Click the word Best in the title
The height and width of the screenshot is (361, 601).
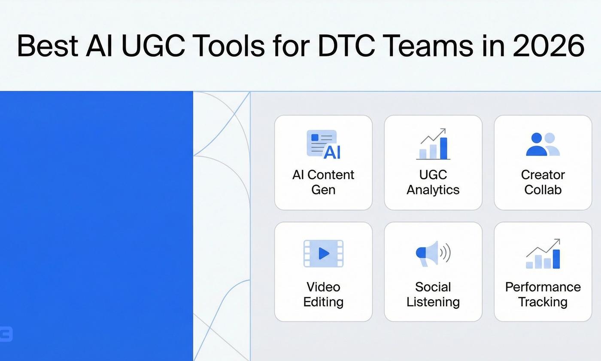point(48,46)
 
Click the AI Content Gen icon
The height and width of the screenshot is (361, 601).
point(323,144)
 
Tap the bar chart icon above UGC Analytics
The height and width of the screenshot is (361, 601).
point(433,144)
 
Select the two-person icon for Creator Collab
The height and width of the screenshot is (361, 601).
point(543,144)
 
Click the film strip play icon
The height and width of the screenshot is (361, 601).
point(323,254)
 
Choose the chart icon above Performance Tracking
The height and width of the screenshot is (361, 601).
point(543,254)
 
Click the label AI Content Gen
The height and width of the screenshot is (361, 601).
point(323,182)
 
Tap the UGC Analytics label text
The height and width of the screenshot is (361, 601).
point(433,182)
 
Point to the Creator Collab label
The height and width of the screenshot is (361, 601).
point(543,182)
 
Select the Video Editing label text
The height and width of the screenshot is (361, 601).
point(323,294)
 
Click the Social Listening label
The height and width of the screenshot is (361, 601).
point(433,294)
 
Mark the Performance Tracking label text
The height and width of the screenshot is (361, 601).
point(543,294)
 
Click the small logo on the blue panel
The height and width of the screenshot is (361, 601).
point(6,334)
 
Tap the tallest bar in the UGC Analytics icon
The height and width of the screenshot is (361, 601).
point(443,148)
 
